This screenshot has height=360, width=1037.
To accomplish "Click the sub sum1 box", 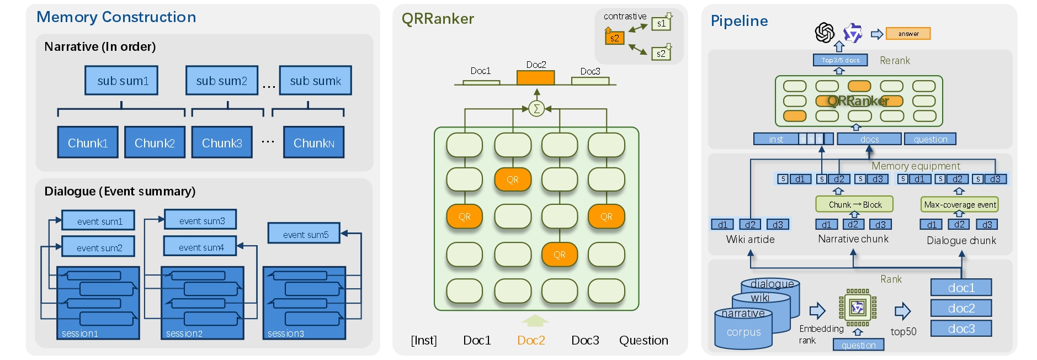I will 121,81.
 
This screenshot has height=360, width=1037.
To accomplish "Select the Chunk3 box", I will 222,142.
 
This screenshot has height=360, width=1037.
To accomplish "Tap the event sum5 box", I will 304,234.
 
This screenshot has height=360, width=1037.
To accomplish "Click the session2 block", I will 202,303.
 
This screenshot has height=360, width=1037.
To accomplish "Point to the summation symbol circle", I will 536,109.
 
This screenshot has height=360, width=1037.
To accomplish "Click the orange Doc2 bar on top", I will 535,78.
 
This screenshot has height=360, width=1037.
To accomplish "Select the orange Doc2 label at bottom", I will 531,340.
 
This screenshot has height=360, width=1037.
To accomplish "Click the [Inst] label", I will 424,340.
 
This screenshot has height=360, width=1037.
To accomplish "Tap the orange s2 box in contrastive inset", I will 614,38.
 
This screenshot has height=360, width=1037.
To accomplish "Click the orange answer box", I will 908,34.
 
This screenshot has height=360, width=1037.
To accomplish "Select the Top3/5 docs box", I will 840,60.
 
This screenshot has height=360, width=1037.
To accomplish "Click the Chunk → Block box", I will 854,204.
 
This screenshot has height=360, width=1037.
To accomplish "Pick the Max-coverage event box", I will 960,204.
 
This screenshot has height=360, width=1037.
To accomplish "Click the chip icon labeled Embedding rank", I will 858,307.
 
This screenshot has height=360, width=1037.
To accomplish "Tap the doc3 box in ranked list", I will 961,329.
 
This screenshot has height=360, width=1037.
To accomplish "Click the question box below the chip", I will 858,345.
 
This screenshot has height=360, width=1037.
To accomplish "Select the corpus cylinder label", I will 743,332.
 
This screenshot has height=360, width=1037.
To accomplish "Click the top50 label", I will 903,331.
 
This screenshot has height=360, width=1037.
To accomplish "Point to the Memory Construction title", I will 116,17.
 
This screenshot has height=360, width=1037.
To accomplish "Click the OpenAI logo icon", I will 825,33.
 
